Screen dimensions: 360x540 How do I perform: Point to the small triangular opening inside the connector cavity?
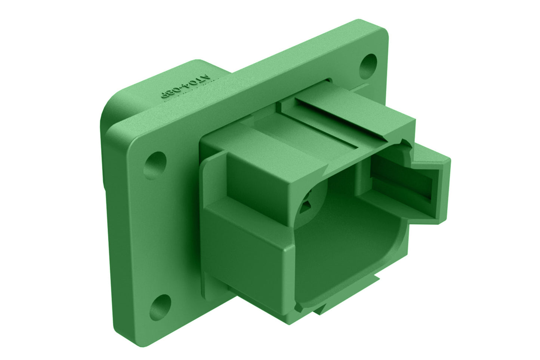308,204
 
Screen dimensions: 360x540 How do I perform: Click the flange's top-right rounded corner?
381,28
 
